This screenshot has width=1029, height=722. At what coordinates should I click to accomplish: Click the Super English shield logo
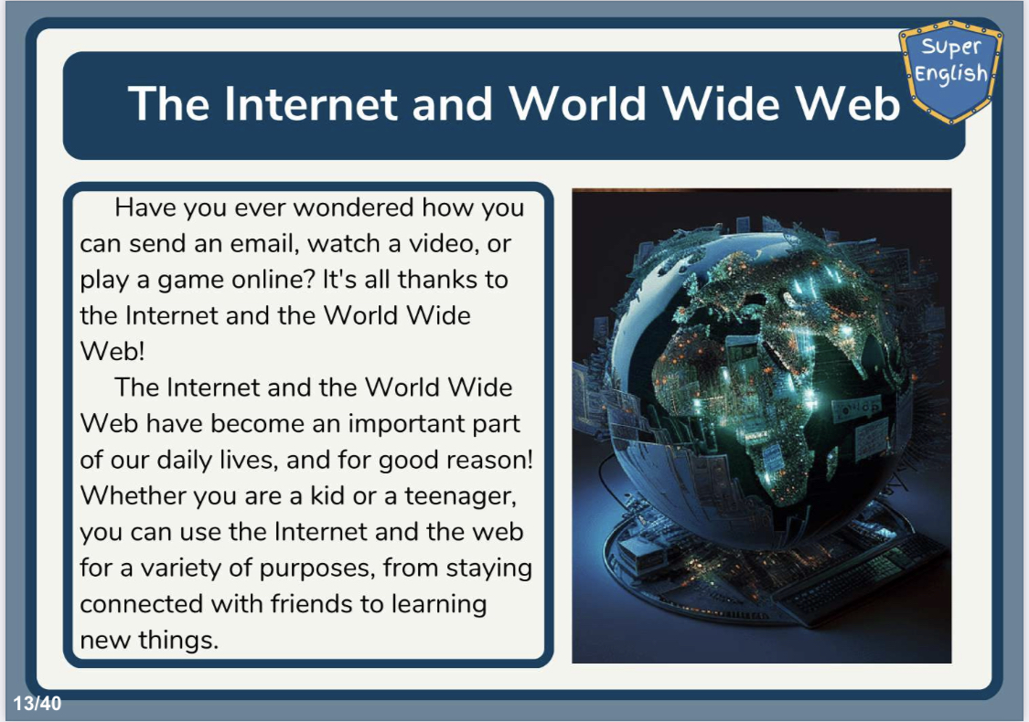point(950,70)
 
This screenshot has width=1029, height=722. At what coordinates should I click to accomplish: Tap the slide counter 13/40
point(38,704)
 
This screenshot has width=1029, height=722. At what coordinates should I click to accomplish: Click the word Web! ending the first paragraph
point(113,352)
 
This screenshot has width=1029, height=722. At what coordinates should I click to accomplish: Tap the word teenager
point(460,496)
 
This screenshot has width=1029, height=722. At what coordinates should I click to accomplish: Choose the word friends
point(311,604)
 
